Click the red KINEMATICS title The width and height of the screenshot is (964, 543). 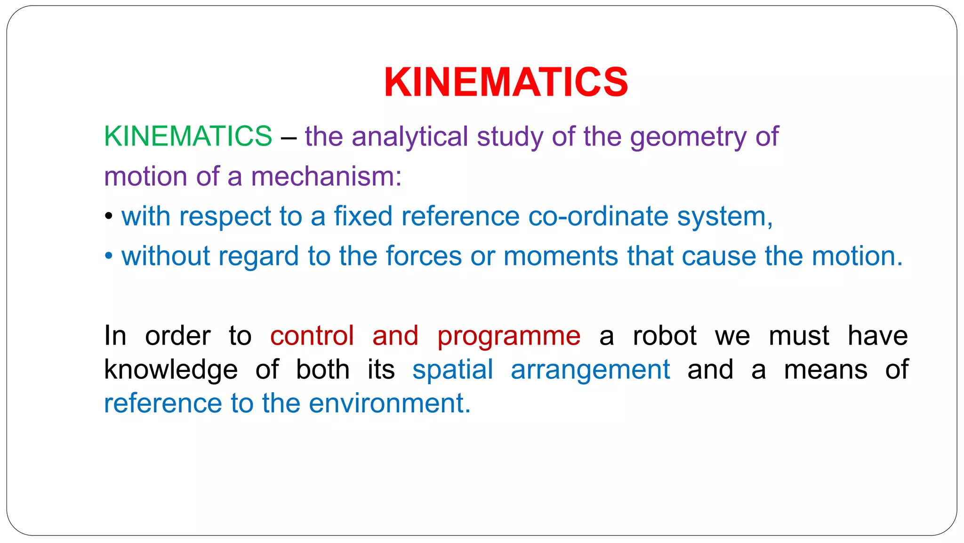coord(506,82)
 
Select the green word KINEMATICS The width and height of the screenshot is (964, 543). coord(188,136)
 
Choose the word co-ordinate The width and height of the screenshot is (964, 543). coord(598,217)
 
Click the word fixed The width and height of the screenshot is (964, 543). coord(363,216)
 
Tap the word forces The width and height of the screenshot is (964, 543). coord(424,256)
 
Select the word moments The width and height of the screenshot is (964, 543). coord(561,256)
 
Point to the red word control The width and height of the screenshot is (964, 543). coord(312,336)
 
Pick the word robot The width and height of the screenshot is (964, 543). coord(665,336)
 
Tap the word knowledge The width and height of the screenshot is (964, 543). coord(171,370)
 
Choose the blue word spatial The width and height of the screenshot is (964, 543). coord(453,370)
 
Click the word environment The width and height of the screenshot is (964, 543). coord(389,404)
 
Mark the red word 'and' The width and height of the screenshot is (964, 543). coord(395,336)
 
